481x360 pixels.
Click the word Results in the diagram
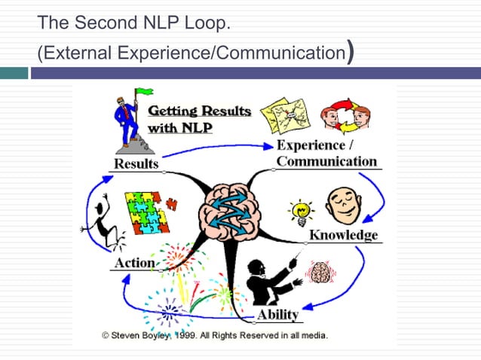coord(136,163)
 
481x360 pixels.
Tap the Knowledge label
coord(343,235)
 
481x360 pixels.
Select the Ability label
coord(278,313)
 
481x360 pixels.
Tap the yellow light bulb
coord(302,211)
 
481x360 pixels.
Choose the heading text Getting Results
coord(199,111)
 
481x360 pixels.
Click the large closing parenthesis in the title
coord(349,53)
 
